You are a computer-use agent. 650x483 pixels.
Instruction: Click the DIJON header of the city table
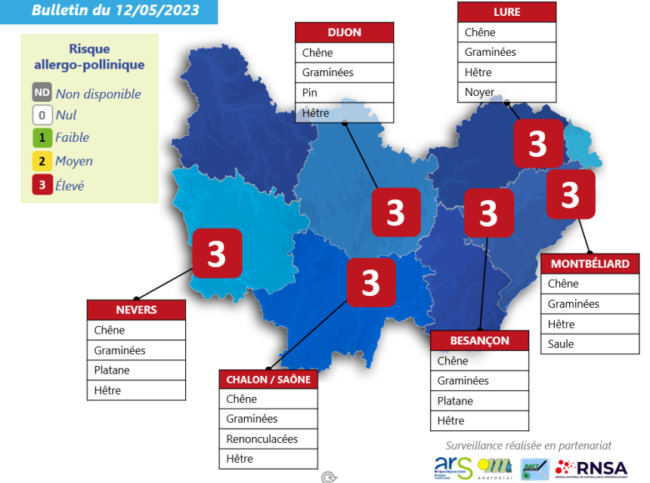click(344, 32)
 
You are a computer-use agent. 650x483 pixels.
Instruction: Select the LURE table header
click(506, 12)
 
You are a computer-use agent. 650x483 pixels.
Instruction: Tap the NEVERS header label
click(136, 310)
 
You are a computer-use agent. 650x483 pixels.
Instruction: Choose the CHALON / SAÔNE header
click(268, 379)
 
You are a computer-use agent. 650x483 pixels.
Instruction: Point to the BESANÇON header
click(479, 340)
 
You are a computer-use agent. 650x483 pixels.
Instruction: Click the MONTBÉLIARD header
click(590, 263)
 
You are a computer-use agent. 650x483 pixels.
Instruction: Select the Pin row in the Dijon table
click(344, 93)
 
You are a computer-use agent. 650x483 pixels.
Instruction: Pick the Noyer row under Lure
click(506, 92)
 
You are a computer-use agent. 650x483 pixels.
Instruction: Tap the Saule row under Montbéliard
click(590, 344)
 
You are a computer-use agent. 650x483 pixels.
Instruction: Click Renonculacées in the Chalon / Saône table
click(268, 439)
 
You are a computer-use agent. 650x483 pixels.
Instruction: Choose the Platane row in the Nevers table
click(136, 371)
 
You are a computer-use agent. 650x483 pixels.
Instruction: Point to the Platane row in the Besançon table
click(479, 401)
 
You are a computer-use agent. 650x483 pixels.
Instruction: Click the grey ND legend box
click(42, 93)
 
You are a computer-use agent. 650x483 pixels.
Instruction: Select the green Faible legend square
click(42, 137)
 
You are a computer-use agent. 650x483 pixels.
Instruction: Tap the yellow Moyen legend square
click(42, 161)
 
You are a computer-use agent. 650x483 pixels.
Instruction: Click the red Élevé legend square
click(42, 184)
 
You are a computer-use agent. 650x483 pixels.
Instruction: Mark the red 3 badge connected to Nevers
click(216, 254)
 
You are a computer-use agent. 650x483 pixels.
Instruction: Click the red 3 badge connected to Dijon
click(395, 213)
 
